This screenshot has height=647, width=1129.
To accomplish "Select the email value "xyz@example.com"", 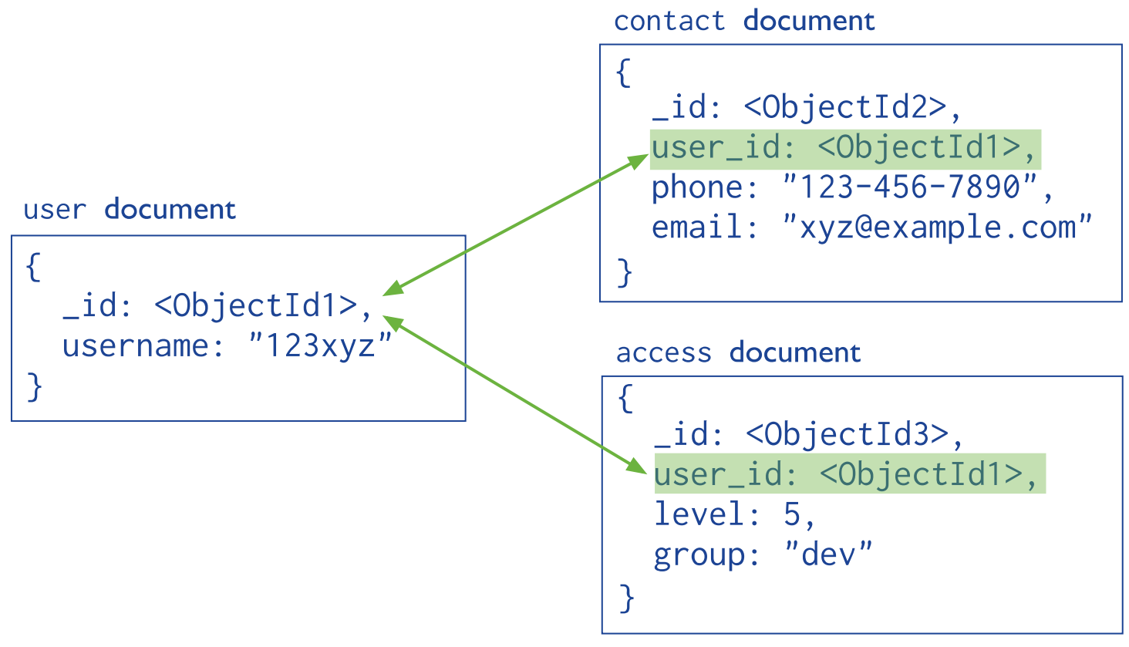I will pos(937,227).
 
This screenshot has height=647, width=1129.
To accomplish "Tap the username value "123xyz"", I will pos(320,345).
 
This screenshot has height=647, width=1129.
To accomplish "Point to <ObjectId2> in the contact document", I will pos(844,107).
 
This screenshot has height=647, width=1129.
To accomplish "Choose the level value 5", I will pos(792,514).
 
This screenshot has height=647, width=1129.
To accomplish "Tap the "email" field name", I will pos(693,227).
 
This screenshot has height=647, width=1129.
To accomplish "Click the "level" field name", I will pos(696,514).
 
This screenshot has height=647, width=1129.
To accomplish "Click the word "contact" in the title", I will pos(669,21).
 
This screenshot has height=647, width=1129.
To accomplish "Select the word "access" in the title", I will pos(663,353).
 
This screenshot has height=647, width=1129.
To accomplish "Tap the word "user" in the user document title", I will pos(54,210).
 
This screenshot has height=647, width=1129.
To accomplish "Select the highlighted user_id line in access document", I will pos(848,473).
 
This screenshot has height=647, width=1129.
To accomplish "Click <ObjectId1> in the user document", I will pos(255,306).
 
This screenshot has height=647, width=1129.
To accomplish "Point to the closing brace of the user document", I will pos(34,386).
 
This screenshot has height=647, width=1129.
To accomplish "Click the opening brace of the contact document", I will pos(623,73).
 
